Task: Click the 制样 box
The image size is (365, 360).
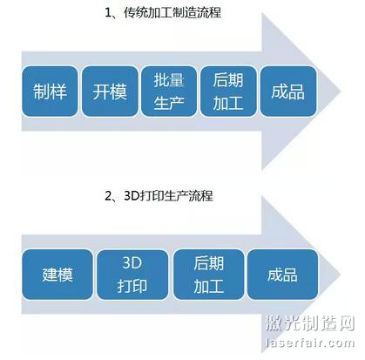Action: [x=50, y=92]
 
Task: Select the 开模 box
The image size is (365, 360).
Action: [x=110, y=92]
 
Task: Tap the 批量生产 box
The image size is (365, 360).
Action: [x=169, y=92]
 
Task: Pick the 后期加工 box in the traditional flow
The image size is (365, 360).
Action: [x=228, y=92]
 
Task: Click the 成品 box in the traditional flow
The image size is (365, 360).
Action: [x=288, y=92]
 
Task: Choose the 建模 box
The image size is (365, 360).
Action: [x=57, y=275]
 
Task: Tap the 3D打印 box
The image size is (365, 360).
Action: [x=132, y=275]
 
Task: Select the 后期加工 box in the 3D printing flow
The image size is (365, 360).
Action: [x=208, y=275]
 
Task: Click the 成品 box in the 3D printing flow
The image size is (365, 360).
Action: [x=282, y=275]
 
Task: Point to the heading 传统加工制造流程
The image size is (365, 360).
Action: [x=172, y=13]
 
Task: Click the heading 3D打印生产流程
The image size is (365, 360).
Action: [x=168, y=196]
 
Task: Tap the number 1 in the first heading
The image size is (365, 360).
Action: [x=108, y=13]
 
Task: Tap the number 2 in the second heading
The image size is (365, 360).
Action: [x=108, y=196]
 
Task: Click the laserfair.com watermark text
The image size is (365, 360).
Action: [x=310, y=343]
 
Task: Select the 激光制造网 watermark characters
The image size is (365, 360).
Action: [x=310, y=323]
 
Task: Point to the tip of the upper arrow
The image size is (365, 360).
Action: [x=341, y=91]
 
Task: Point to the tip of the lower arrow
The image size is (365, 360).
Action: [x=341, y=274]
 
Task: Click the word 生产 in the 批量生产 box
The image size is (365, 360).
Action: [x=169, y=103]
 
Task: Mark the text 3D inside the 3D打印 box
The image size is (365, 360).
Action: [x=132, y=263]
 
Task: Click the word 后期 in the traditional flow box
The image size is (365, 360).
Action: [x=228, y=80]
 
